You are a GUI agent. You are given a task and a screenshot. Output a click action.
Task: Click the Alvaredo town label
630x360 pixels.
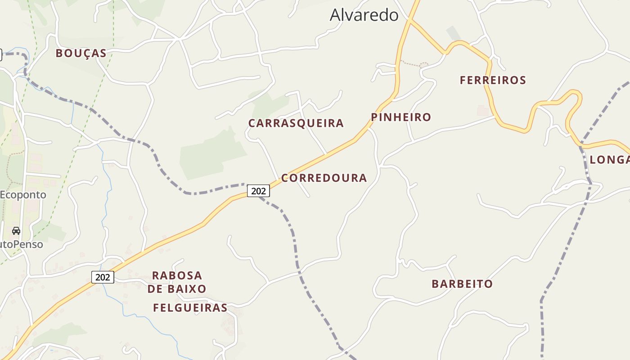coord(364,15)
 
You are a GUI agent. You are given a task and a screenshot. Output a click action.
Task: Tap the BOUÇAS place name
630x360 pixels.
coord(81,54)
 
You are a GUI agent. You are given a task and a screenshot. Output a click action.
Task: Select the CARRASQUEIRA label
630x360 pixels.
coord(296,123)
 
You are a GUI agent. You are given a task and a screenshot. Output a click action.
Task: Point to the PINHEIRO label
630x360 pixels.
coord(401,117)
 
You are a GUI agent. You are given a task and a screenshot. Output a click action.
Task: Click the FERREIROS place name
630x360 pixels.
coord(493,81)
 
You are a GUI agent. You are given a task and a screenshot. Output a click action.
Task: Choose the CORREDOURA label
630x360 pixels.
coord(324,178)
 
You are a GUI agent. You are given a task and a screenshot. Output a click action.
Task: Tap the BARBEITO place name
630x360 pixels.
coord(462,284)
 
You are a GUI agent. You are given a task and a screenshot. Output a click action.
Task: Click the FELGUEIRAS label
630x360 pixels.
coord(190,308)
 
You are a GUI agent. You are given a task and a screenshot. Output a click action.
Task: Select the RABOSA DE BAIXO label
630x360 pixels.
coord(177,282)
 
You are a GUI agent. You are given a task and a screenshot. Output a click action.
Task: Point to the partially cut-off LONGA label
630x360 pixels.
coord(610,160)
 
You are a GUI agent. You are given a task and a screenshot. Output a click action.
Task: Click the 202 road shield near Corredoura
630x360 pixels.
coord(258,191)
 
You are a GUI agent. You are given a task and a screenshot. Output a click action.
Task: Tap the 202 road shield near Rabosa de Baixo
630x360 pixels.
coord(103,277)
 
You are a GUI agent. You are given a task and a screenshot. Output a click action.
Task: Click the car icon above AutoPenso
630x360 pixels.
coord(16,231)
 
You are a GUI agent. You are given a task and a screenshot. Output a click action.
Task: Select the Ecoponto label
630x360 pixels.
coord(23,195)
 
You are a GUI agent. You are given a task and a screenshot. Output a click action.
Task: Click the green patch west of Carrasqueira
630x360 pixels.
coord(211,153)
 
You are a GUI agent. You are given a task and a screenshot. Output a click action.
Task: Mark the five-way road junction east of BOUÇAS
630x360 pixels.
coord(180,39)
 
